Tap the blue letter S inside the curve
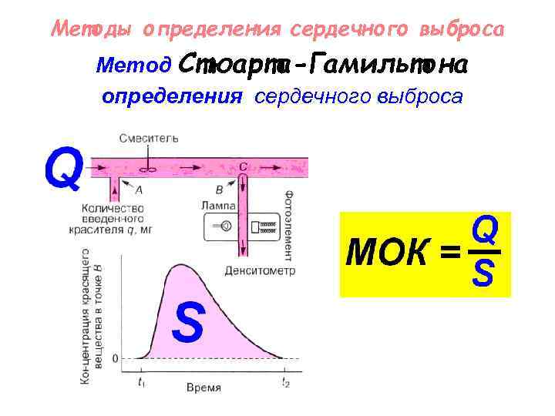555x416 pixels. [x=188, y=323]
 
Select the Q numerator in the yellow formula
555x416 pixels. [x=484, y=230]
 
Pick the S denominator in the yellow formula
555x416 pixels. [x=484, y=273]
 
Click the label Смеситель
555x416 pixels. [x=150, y=139]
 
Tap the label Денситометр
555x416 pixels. [x=255, y=270]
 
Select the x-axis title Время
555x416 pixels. [x=203, y=387]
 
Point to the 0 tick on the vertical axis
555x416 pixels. [x=116, y=358]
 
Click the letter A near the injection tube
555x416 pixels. [x=139, y=189]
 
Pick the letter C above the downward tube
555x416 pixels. [x=244, y=166]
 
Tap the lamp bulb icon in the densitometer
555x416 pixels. [x=226, y=226]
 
